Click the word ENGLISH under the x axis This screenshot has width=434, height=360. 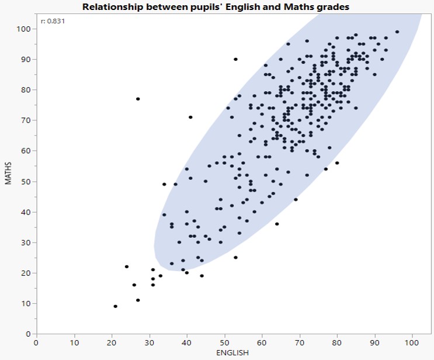click(x=232, y=352)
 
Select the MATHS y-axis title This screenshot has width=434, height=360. click(x=9, y=173)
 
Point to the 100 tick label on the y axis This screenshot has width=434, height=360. click(x=24, y=29)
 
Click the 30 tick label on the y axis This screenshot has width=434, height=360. click(x=26, y=242)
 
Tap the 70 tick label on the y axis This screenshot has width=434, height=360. click(x=26, y=120)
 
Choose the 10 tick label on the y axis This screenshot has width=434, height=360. click(x=26, y=303)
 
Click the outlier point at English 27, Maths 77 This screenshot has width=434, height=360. click(x=138, y=99)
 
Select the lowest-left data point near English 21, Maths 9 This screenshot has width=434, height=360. click(x=115, y=306)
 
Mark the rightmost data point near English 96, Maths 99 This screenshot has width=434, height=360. click(x=397, y=32)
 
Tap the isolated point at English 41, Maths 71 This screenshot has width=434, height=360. click(x=190, y=117)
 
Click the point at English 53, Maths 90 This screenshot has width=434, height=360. click(x=235, y=59)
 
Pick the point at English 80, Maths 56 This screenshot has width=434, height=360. click(x=337, y=163)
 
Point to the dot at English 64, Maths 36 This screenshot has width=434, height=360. click(x=277, y=224)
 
